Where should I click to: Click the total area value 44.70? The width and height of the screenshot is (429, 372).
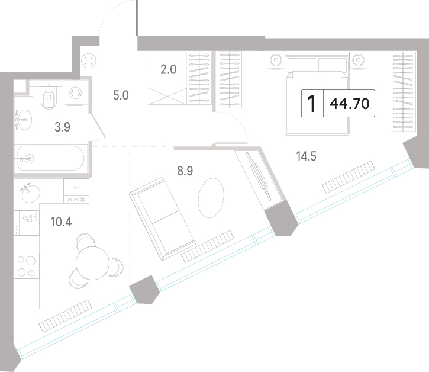tap(350, 104)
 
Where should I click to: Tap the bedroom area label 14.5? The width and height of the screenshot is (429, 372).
tap(306, 156)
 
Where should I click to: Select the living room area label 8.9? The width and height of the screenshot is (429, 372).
tap(185, 171)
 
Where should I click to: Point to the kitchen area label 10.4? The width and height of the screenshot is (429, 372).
tap(62, 222)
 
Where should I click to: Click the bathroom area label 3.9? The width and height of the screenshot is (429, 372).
tap(62, 127)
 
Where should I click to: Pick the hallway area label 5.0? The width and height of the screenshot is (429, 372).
tap(121, 95)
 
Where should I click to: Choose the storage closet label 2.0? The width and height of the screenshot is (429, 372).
tap(168, 69)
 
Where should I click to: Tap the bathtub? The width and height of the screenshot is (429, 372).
tap(51, 158)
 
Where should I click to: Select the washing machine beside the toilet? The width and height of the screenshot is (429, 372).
tap(75, 93)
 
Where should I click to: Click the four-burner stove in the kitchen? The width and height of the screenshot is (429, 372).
tap(26, 266)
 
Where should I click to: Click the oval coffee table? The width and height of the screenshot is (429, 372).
tap(211, 197)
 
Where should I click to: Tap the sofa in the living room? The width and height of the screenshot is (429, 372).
tap(163, 219)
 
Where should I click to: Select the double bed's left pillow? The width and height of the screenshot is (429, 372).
tap(302, 64)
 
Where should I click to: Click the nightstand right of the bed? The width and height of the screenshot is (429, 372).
tap(359, 60)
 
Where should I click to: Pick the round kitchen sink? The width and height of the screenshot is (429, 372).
tap(31, 194)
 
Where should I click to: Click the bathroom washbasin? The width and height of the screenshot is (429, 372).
tap(24, 120)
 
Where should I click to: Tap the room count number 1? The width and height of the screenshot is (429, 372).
tap(312, 104)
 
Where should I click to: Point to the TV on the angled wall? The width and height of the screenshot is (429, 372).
tap(259, 176)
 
